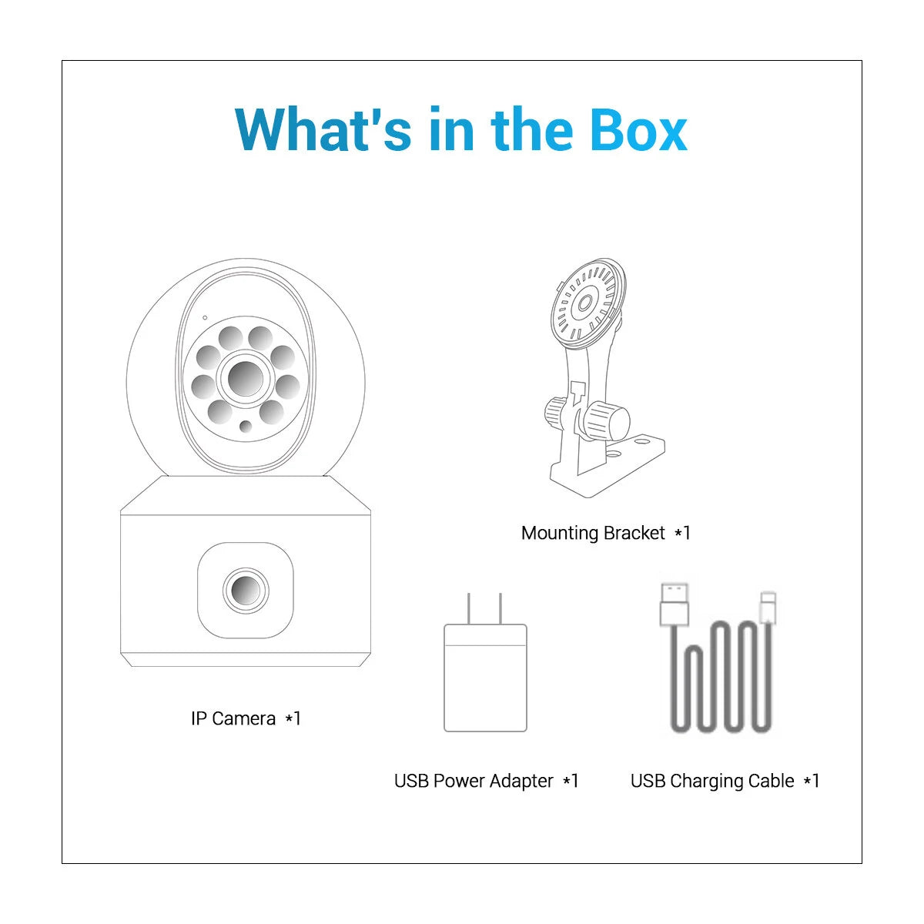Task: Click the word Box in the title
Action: click(638, 129)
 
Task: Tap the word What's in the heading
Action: click(323, 129)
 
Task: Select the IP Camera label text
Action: click(246, 718)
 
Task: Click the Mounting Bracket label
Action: click(606, 533)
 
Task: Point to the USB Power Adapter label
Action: click(486, 781)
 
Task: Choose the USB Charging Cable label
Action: click(725, 781)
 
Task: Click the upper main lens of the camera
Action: click(246, 379)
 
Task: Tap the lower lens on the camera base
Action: click(246, 591)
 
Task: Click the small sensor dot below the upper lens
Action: click(246, 426)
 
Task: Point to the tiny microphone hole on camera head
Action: click(206, 317)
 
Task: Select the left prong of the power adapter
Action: click(468, 608)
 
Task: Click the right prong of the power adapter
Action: click(500, 608)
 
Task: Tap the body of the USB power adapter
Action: click(485, 678)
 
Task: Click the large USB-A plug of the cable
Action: click(675, 604)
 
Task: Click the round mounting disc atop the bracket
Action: click(588, 303)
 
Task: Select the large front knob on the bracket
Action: click(608, 420)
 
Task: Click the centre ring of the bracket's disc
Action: click(584, 303)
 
